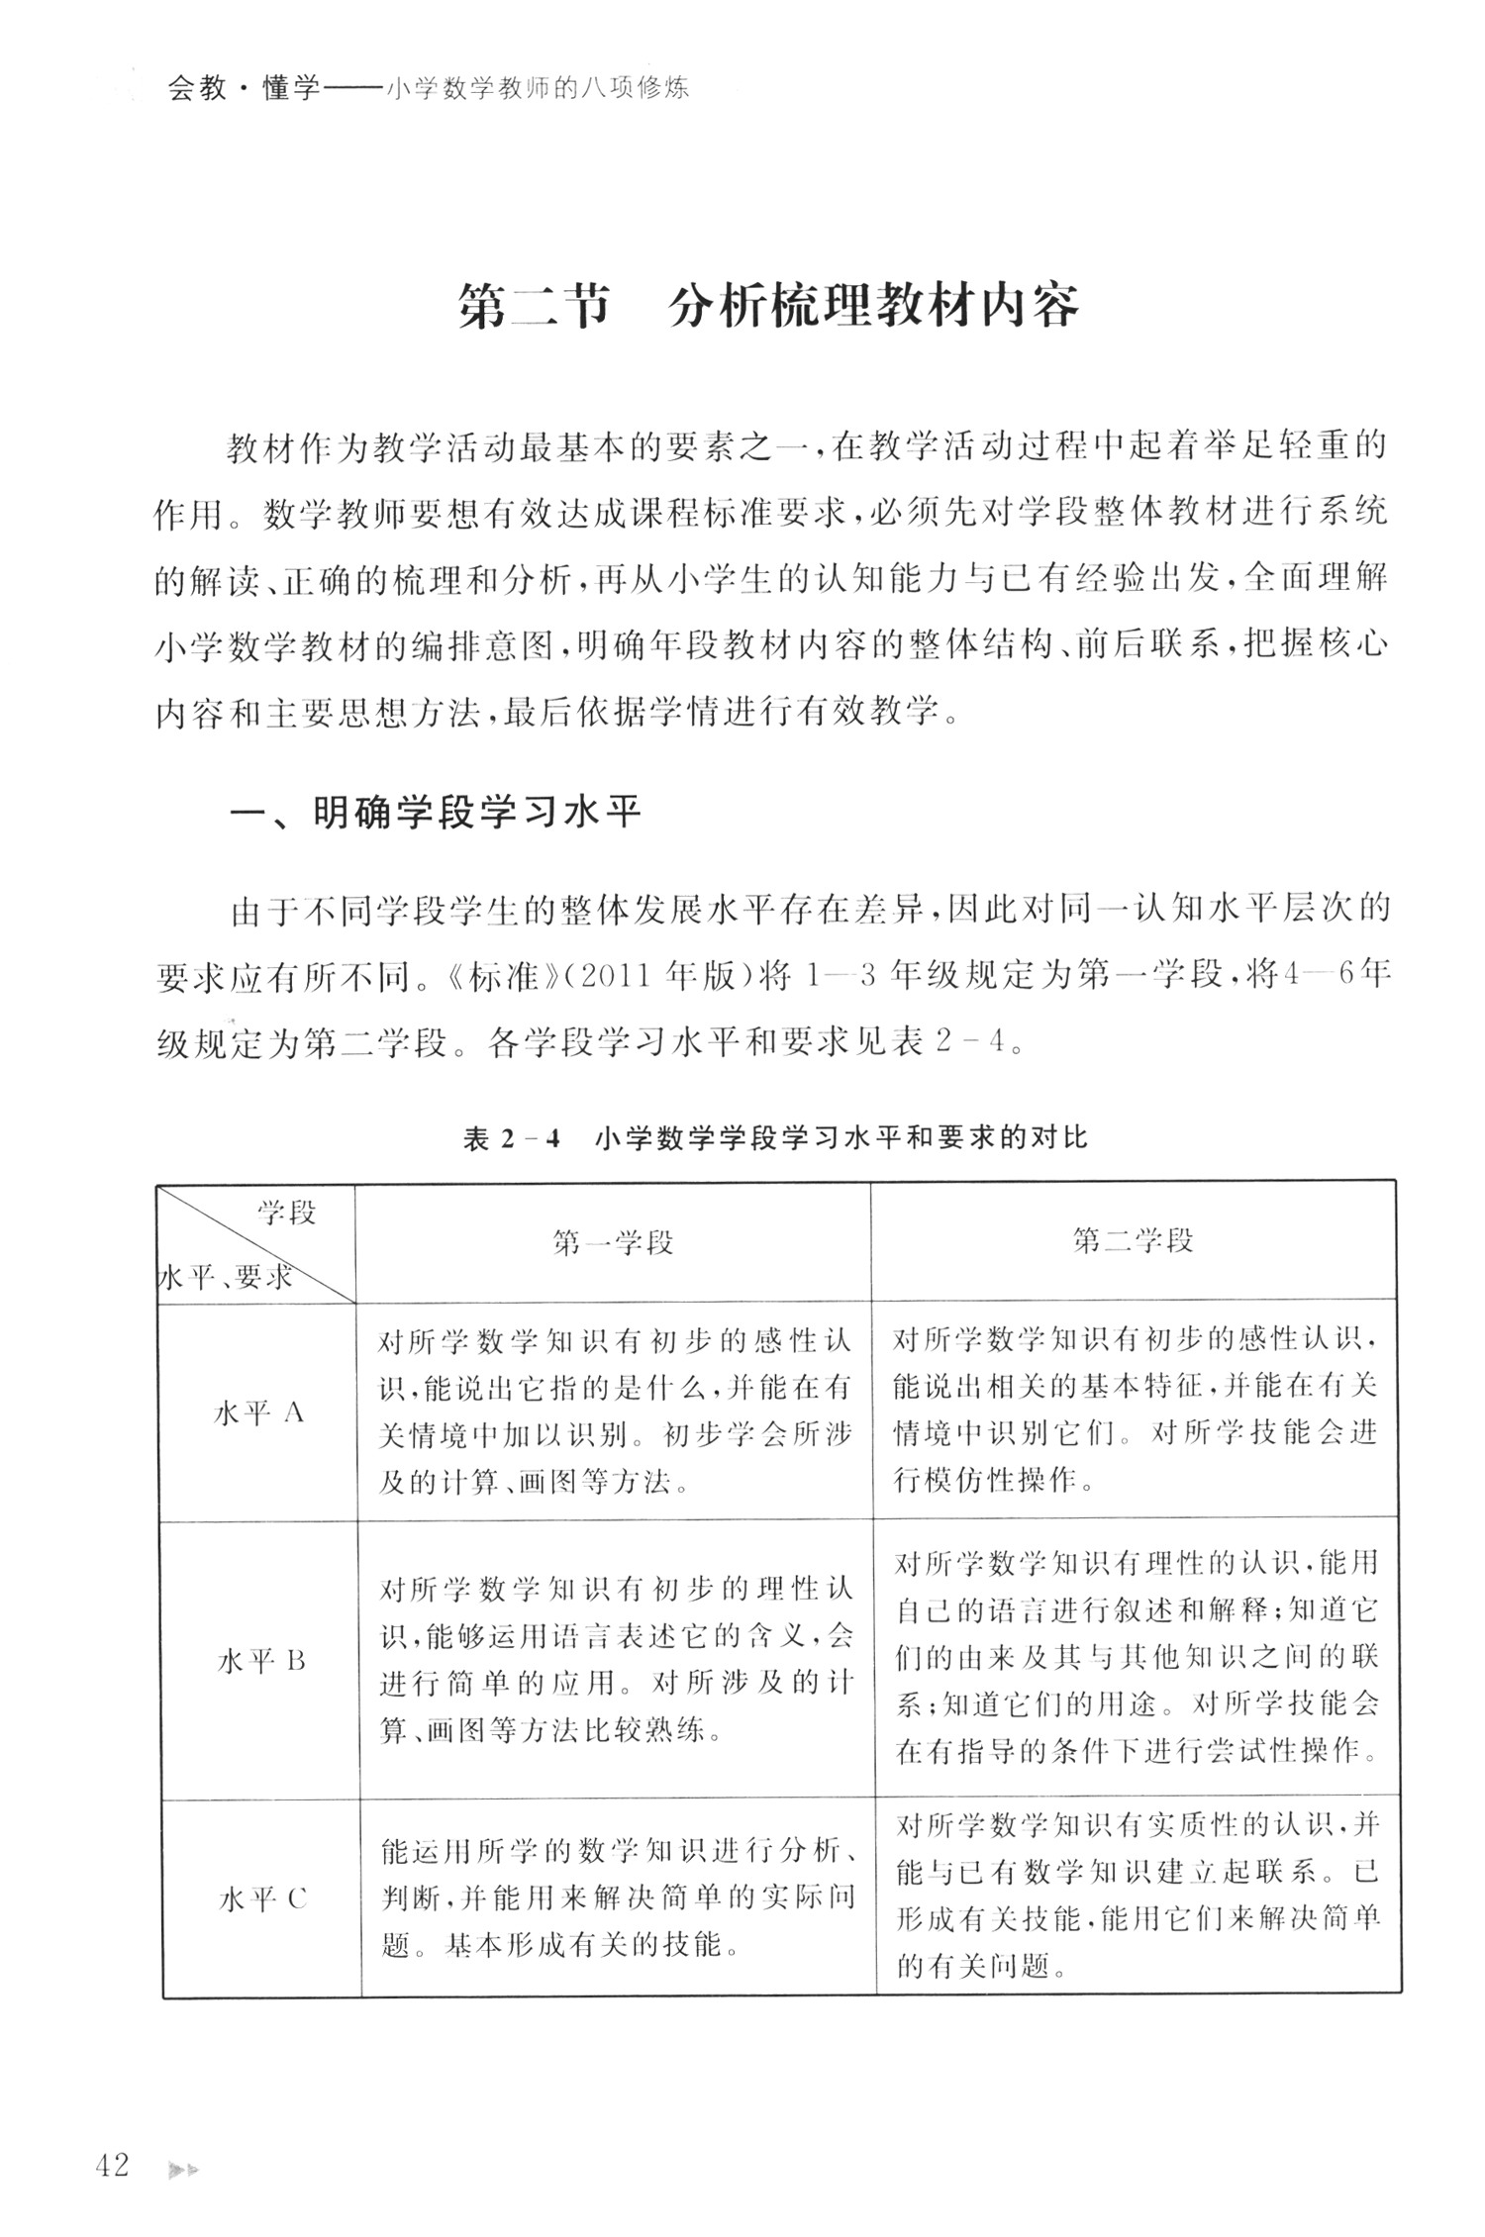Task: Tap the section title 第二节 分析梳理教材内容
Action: point(768,309)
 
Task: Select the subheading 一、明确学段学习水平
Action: point(436,813)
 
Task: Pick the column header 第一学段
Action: point(614,1241)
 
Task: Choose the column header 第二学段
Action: point(1134,1241)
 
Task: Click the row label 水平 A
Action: point(258,1413)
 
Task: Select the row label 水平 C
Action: point(262,1899)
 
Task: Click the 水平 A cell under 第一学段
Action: point(614,1411)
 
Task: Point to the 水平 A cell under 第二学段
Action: point(1135,1411)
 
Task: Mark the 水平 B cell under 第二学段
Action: point(1137,1658)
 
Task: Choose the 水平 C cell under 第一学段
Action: point(618,1899)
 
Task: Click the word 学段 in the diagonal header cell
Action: point(287,1213)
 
